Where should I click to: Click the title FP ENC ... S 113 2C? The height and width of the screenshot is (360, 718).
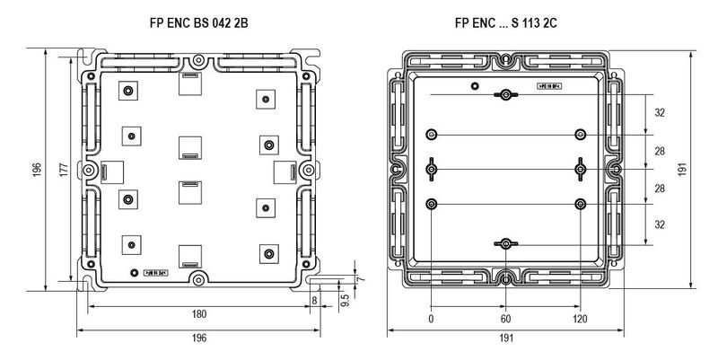click(x=506, y=18)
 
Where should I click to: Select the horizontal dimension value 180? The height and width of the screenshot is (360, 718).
click(x=199, y=314)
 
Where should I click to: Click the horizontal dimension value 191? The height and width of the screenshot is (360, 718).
click(x=506, y=339)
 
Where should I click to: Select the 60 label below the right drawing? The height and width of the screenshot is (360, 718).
click(x=506, y=319)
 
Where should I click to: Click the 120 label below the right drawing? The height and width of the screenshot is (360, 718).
click(x=581, y=319)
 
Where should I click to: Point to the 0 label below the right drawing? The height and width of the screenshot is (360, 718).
click(x=432, y=319)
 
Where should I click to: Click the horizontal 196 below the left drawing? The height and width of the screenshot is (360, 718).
click(x=199, y=338)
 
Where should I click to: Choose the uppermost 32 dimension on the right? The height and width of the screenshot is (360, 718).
click(x=660, y=114)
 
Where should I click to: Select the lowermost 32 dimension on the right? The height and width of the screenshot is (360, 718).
click(x=660, y=224)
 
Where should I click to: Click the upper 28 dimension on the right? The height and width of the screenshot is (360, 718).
click(x=660, y=151)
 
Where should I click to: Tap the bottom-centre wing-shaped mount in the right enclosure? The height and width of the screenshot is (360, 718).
click(x=506, y=244)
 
